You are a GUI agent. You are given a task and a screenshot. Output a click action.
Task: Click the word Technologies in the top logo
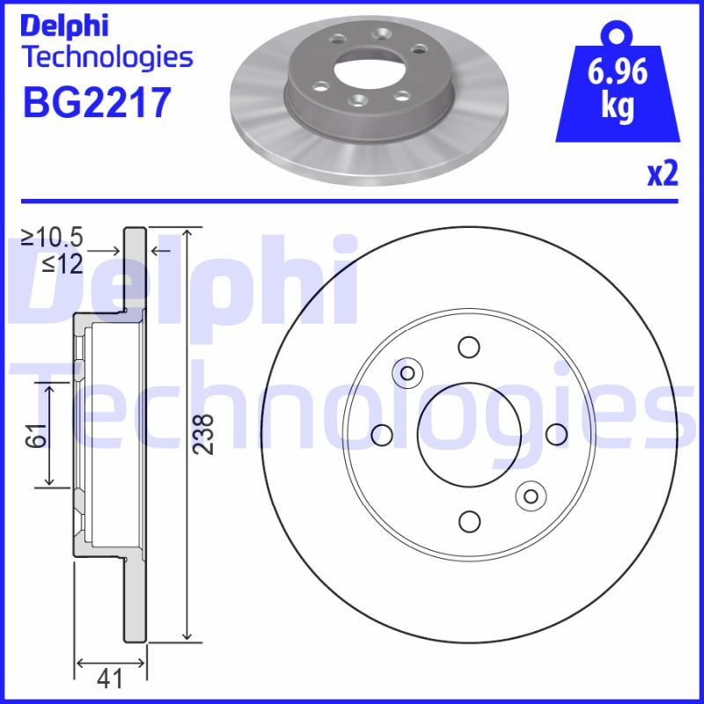(106, 58)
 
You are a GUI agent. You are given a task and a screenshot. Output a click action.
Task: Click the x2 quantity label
(663, 174)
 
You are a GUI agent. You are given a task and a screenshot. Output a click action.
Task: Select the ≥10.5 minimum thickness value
(53, 238)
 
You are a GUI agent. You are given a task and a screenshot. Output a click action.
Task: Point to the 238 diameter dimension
(203, 434)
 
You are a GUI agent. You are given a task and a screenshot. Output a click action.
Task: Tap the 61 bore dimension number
(33, 435)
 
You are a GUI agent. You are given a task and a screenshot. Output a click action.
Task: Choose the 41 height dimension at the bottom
(109, 678)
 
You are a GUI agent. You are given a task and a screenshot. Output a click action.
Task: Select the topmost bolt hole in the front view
(468, 347)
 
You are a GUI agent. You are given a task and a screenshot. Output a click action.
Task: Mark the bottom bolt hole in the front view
(468, 521)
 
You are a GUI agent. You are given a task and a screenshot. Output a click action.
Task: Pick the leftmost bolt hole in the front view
(382, 434)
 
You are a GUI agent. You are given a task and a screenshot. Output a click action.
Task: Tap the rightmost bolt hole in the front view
(555, 434)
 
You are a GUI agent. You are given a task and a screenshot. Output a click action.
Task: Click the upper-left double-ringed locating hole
(407, 373)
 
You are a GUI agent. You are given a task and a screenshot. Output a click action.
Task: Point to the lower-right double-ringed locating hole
(530, 495)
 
